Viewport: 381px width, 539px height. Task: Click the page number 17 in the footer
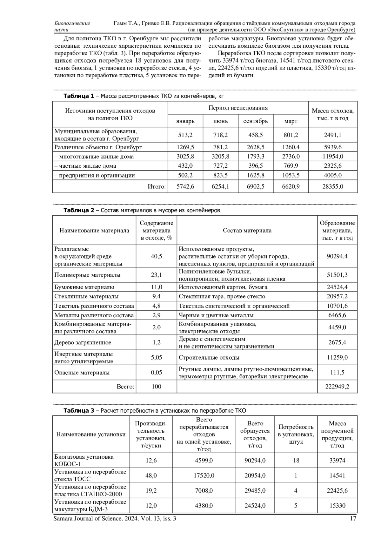coord(353,519)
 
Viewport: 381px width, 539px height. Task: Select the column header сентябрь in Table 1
coord(255,121)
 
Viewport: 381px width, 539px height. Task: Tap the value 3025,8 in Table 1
coord(185,157)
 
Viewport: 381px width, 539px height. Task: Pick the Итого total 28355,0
coord(332,186)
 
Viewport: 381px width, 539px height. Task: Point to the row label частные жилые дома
coord(85,166)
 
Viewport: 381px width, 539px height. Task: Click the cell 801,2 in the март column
coord(291,135)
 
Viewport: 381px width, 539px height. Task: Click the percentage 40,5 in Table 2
coord(156,256)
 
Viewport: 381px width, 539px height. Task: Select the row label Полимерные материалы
coord(87,275)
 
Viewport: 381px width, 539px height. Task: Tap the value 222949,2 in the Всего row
coord(337,387)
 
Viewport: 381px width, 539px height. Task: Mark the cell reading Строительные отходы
coord(209,358)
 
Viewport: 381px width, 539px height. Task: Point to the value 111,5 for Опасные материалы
coord(337,373)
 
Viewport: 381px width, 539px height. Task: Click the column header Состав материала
coord(247,231)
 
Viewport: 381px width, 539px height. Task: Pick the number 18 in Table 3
coord(296,461)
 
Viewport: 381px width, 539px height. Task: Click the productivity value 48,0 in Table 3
coord(151,475)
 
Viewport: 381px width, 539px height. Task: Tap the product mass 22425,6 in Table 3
coord(337,490)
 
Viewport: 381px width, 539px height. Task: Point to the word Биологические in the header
coord(72,23)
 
